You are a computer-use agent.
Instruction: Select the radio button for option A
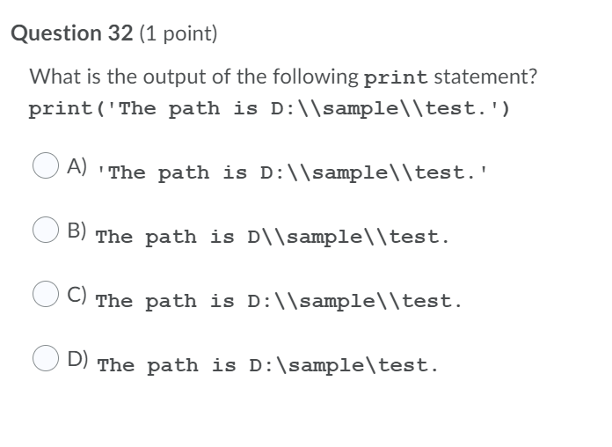point(46,165)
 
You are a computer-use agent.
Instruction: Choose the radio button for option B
point(46,230)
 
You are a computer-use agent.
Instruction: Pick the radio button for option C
point(46,294)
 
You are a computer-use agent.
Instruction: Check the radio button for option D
point(46,358)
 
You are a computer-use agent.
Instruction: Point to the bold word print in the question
point(395,77)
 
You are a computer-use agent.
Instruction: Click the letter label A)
point(78,165)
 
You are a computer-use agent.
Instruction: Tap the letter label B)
point(78,231)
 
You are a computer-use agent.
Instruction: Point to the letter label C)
point(78,295)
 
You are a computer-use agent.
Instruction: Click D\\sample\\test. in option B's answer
point(348,238)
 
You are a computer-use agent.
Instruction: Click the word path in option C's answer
point(171,302)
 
